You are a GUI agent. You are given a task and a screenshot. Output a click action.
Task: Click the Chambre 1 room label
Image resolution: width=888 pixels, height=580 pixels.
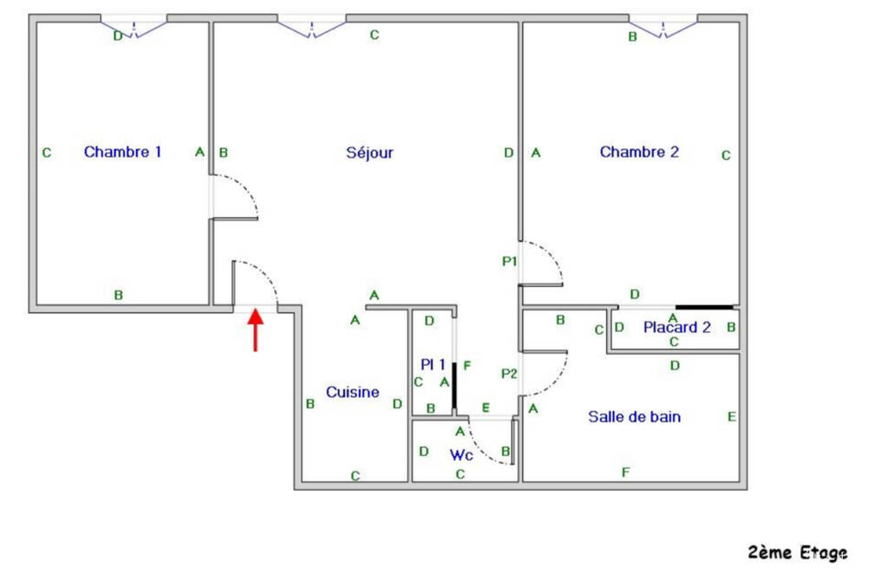122,152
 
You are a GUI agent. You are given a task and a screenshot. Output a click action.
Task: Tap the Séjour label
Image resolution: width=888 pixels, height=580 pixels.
369,153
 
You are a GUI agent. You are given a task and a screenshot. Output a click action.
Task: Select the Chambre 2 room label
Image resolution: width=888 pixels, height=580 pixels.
639,152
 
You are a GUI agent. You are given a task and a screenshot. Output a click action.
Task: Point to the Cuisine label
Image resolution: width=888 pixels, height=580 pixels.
352,392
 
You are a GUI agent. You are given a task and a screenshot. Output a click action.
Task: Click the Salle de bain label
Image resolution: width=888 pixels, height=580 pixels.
634,416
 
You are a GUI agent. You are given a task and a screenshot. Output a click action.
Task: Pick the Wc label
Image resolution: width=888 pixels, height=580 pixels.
460,454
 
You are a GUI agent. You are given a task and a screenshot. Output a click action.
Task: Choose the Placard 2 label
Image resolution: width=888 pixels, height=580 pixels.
676,327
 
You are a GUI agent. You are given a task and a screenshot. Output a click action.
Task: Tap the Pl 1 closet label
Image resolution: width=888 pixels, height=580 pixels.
433,365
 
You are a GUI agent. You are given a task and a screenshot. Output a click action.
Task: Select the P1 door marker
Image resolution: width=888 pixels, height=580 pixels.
509,260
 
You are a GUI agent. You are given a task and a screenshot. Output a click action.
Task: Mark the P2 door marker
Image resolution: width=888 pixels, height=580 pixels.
509,374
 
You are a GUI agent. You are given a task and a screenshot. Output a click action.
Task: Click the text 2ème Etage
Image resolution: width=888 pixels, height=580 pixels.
797,552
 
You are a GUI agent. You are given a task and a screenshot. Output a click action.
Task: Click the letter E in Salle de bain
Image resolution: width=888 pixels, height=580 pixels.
732,417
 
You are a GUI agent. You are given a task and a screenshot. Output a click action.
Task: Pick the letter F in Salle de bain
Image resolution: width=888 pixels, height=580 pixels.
625,472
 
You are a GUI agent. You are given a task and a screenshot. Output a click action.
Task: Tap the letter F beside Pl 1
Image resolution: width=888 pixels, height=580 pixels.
467,365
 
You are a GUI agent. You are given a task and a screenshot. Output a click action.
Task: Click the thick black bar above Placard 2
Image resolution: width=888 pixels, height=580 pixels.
704,306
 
